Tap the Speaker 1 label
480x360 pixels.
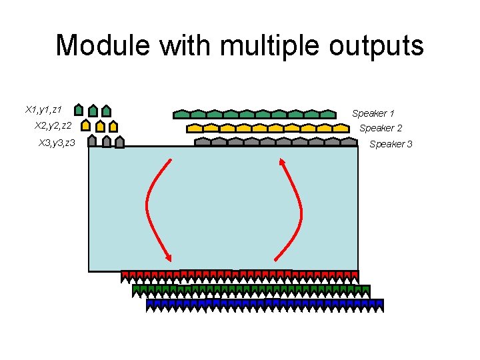tap(373, 113)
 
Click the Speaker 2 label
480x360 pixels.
tap(381, 128)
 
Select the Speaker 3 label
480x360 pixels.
tap(391, 144)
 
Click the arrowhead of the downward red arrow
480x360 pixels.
tap(169, 259)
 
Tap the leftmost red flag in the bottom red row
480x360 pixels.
tap(125, 275)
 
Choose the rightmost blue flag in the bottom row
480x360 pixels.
tap(379, 304)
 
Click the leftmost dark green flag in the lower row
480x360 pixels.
tap(137, 289)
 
